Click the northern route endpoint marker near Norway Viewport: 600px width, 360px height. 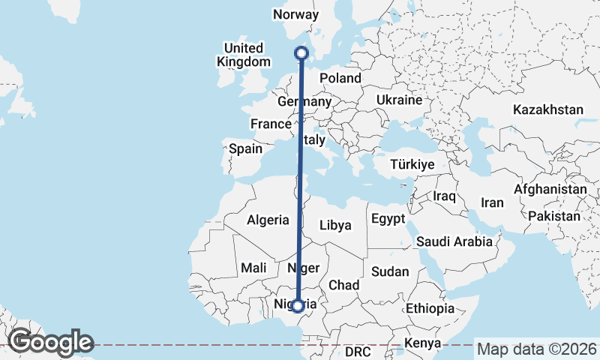[301, 52]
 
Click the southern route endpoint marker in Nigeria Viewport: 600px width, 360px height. [298, 305]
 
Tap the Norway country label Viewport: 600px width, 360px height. [296, 15]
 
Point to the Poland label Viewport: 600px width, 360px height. [340, 78]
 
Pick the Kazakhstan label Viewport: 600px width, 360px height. [548, 109]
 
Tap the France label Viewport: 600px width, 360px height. [270, 124]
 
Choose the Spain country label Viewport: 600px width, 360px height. [245, 148]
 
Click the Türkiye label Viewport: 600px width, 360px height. [412, 164]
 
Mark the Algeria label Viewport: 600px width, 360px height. [268, 220]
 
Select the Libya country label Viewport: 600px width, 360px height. [335, 224]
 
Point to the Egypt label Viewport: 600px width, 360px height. [387, 219]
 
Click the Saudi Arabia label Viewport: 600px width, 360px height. [454, 241]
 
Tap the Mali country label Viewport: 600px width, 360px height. [254, 268]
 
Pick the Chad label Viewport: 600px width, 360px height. [344, 285]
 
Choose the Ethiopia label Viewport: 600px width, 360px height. [430, 308]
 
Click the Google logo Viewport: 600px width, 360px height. [50, 342]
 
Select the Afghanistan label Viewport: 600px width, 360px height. [550, 190]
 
